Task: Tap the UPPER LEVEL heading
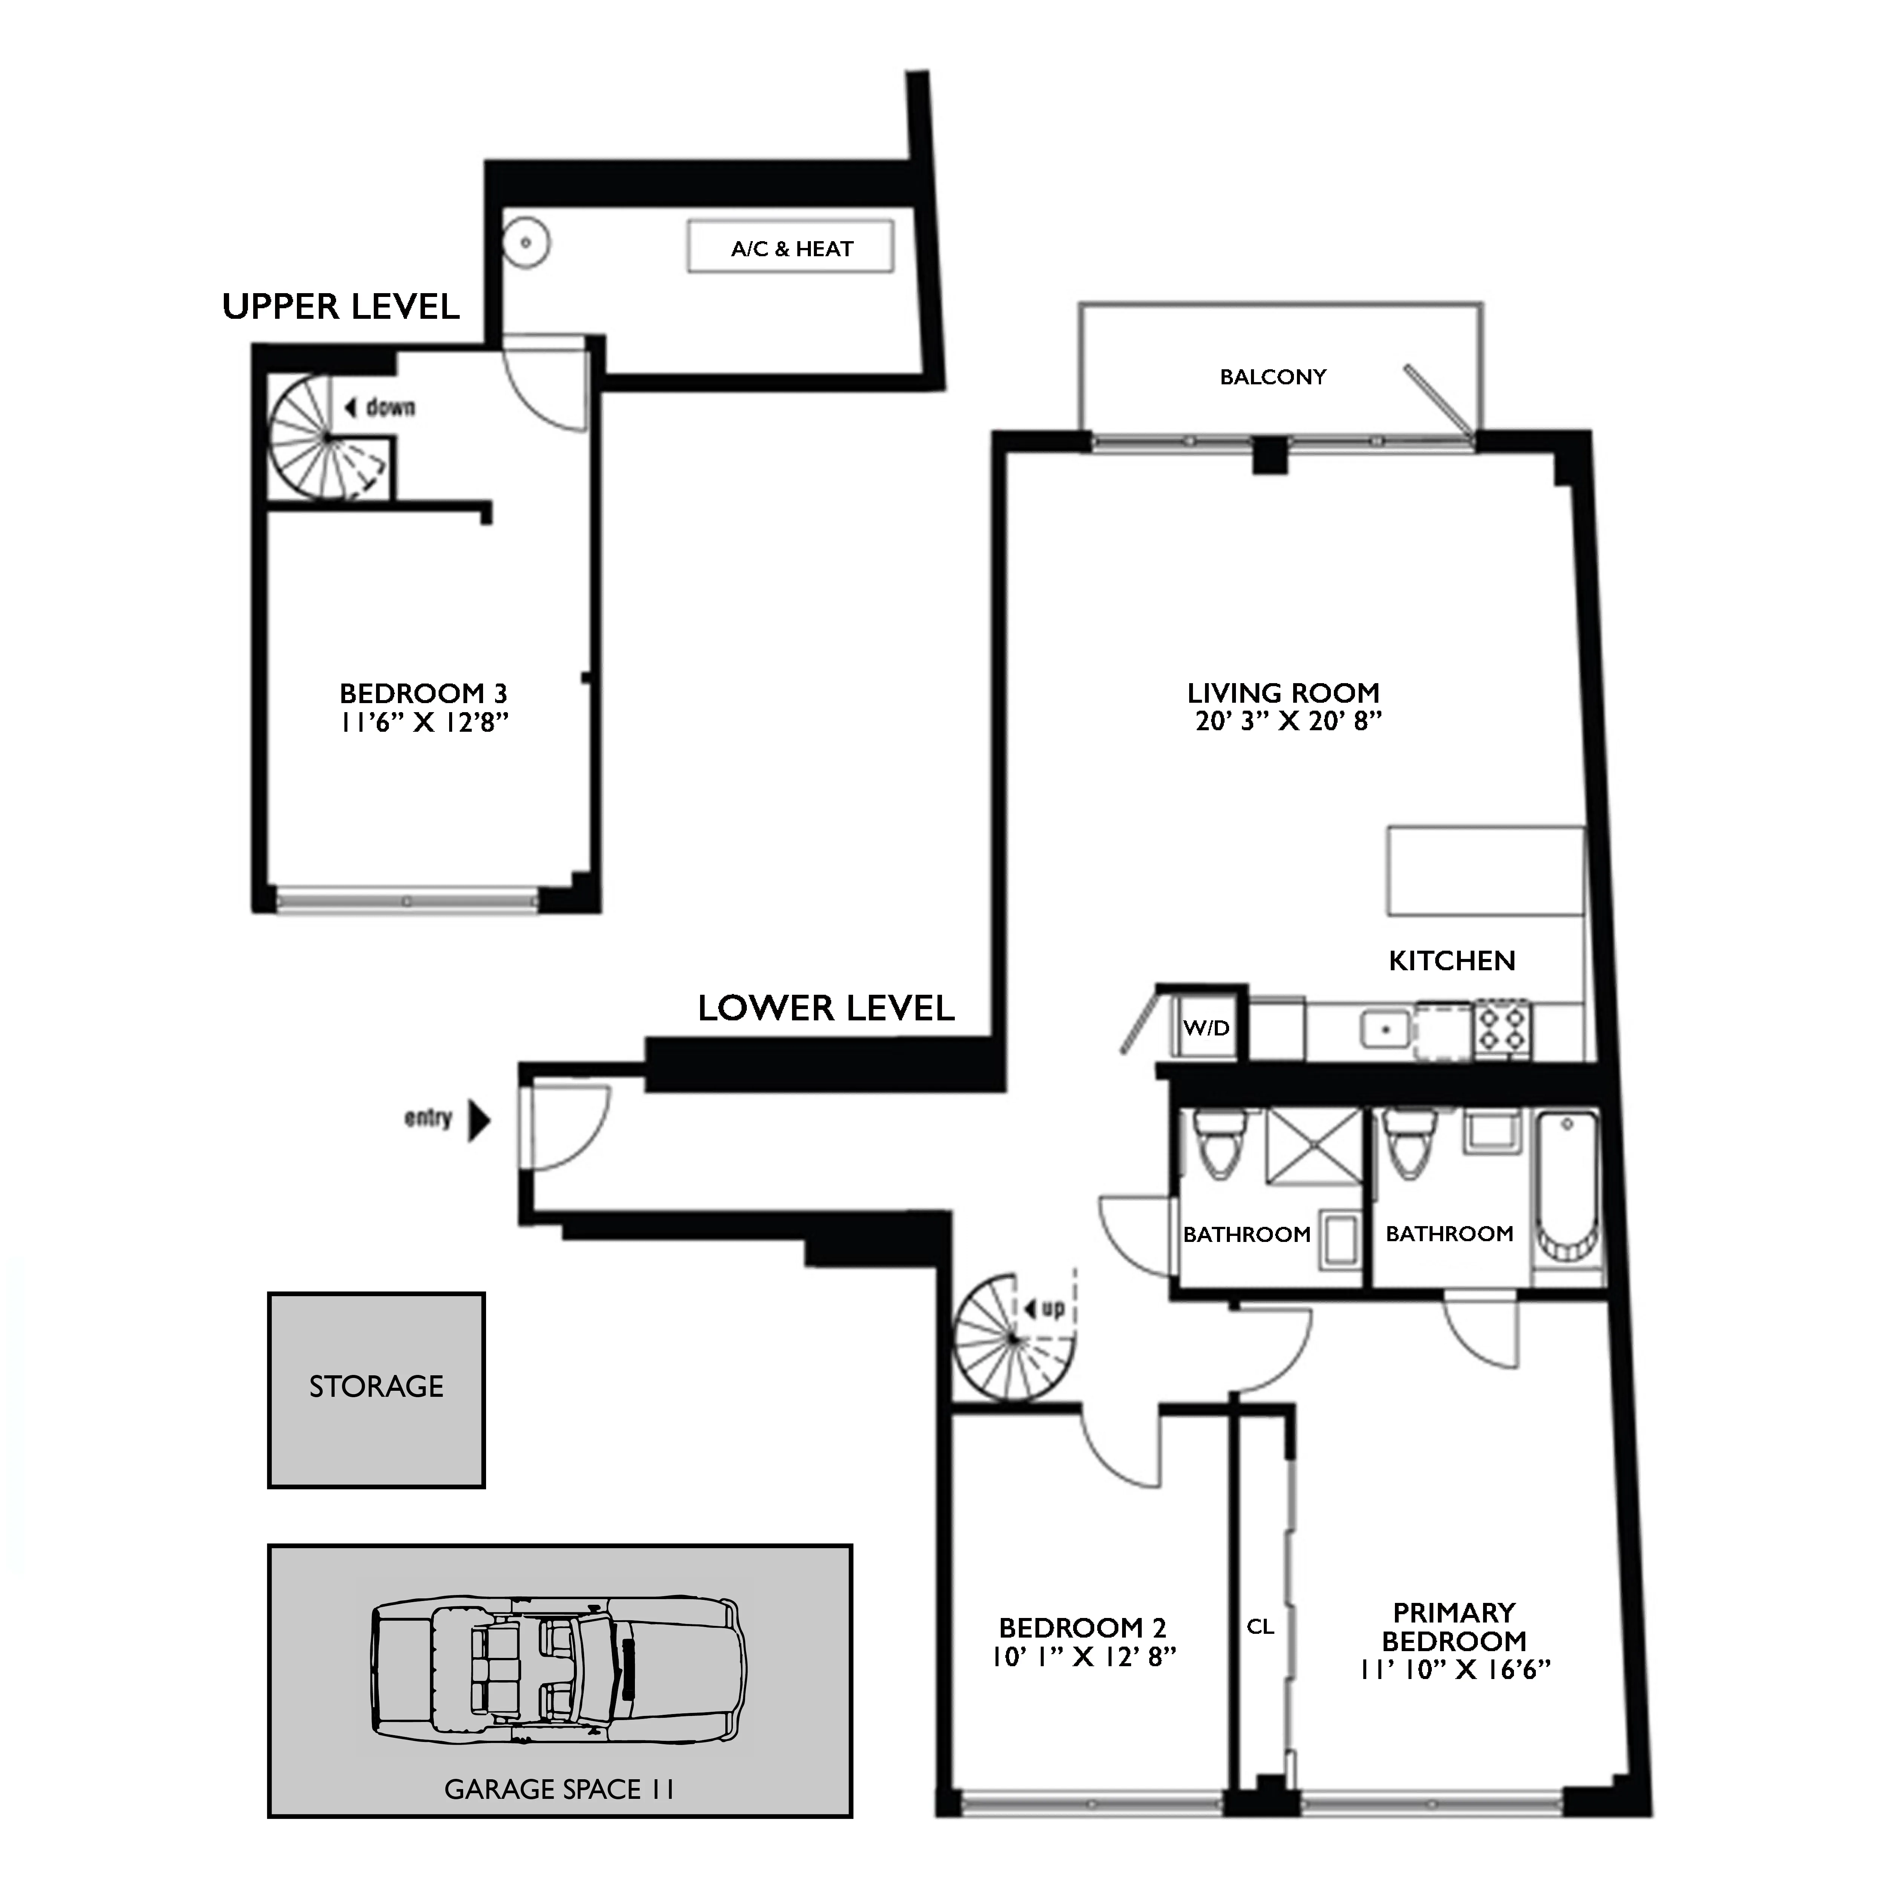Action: click(340, 307)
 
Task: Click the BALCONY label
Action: click(1272, 378)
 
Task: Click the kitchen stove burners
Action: click(1502, 1028)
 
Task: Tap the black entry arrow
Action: click(479, 1121)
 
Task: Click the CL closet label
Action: click(1260, 1627)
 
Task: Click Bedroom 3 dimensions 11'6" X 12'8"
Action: click(424, 723)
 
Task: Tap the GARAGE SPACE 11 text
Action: click(559, 1789)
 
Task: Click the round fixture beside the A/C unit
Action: click(526, 242)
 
